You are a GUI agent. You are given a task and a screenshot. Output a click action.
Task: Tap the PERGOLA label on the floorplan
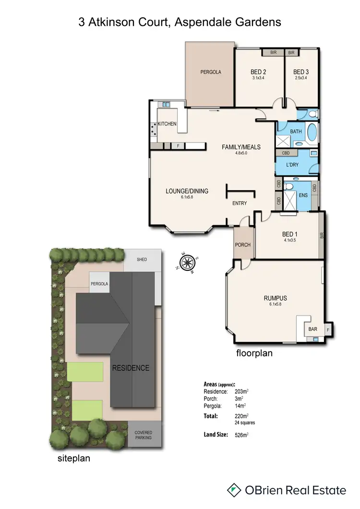click(x=210, y=72)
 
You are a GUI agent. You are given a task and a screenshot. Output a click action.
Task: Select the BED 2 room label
click(x=259, y=72)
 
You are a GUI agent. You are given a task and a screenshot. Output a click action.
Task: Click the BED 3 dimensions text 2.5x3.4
click(x=301, y=78)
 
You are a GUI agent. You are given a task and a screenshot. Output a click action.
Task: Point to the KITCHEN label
click(x=168, y=124)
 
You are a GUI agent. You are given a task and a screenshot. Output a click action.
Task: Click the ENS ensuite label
click(x=303, y=195)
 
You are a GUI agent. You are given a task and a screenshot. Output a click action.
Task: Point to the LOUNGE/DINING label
click(x=187, y=191)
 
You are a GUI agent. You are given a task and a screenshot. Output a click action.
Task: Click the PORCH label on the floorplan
click(x=243, y=245)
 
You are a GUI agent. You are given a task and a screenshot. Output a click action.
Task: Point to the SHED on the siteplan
click(x=142, y=260)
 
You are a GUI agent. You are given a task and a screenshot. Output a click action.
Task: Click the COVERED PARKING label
click(x=143, y=435)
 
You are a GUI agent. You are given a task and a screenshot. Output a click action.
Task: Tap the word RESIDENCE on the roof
click(x=131, y=368)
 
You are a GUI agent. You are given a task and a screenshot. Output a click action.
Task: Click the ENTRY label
click(x=240, y=203)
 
